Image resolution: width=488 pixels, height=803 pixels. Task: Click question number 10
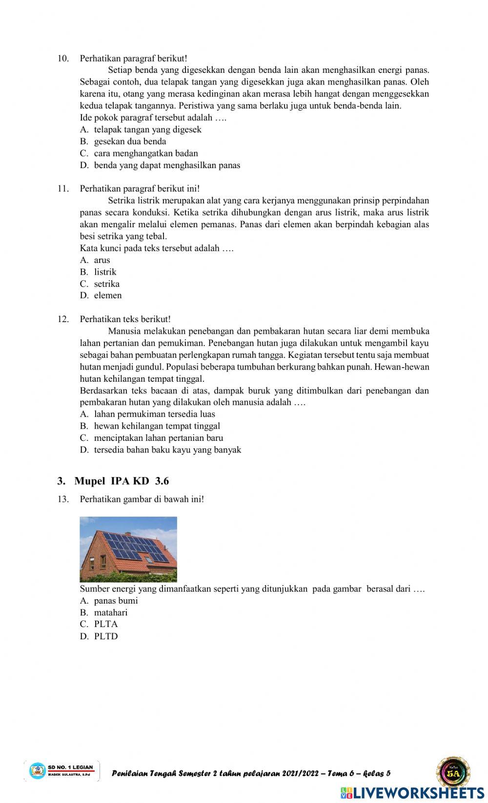click(x=63, y=59)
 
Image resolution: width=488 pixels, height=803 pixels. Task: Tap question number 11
click(x=63, y=189)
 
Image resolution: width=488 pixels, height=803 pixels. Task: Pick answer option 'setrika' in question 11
click(x=106, y=283)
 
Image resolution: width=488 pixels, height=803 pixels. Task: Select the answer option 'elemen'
click(x=107, y=295)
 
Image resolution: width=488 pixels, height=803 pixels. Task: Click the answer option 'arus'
click(x=102, y=260)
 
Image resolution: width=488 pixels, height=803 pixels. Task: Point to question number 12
click(x=63, y=319)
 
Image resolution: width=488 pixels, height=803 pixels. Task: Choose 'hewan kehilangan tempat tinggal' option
click(x=157, y=426)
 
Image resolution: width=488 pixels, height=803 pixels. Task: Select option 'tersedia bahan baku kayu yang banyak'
click(x=167, y=450)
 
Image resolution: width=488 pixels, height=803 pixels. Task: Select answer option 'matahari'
click(x=110, y=612)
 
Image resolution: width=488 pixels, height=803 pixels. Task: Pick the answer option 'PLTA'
click(x=105, y=624)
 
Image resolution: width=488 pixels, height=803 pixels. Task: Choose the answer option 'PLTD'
click(x=105, y=636)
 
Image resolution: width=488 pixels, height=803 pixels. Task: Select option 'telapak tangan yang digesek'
click(x=147, y=130)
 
